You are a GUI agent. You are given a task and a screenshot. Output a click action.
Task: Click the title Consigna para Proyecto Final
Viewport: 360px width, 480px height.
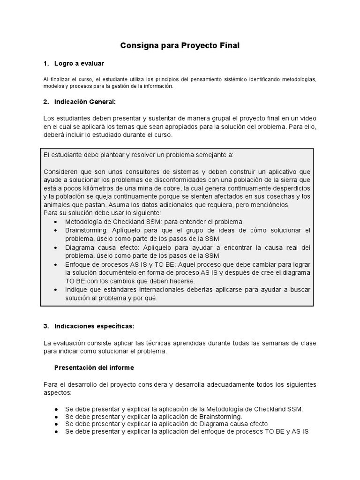coord(180,45)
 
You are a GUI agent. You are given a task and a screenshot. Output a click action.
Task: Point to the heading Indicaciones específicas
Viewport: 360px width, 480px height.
coord(96,325)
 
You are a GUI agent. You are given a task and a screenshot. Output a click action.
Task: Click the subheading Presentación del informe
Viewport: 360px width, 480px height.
coord(94,367)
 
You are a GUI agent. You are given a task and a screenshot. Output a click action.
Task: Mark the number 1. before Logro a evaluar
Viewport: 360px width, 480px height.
coord(46,63)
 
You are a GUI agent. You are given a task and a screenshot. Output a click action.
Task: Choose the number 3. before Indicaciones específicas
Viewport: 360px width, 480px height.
coord(46,325)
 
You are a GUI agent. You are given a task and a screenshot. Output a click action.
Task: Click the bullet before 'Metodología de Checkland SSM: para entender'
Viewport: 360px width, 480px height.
coord(57,222)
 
